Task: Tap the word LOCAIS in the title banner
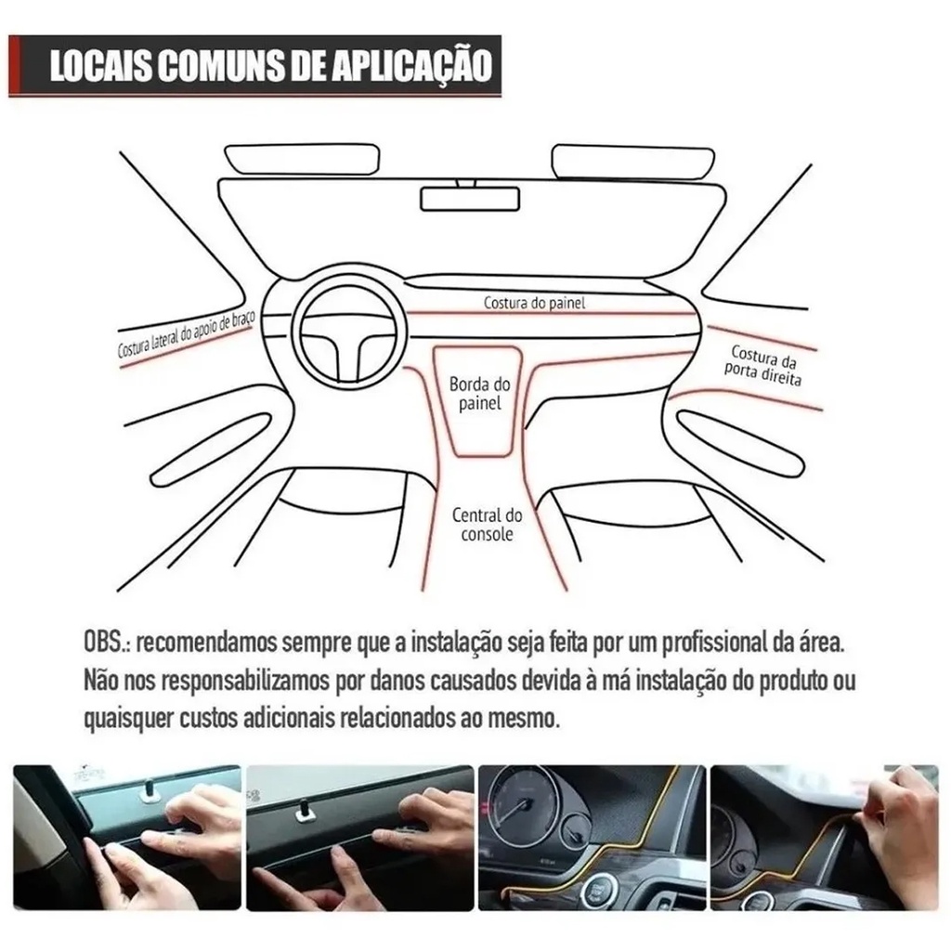pos(100,66)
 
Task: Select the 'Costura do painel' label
pos(534,302)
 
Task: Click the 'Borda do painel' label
pos(480,393)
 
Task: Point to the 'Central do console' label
pos(487,525)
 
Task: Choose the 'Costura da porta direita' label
pos(763,366)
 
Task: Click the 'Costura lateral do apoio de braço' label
pos(186,335)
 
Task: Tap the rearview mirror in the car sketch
pos(471,199)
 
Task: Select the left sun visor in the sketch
pos(302,160)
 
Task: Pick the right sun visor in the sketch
pos(632,162)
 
